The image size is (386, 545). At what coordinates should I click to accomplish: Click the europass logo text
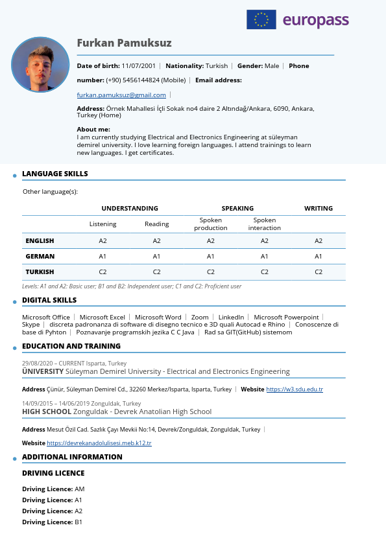click(315, 21)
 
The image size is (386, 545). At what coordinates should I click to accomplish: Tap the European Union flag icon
click(261, 19)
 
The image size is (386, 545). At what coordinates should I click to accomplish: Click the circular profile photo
click(40, 65)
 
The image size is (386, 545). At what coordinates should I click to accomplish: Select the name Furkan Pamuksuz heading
click(124, 43)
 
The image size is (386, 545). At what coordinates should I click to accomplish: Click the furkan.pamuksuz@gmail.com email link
click(121, 95)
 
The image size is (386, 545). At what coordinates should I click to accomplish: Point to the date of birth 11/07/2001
click(139, 66)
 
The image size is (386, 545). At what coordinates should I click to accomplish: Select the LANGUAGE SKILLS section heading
click(54, 174)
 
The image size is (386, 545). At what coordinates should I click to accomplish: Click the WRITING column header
click(318, 209)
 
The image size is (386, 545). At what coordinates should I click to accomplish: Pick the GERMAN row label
click(40, 256)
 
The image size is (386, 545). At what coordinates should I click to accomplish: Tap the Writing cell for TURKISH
click(318, 272)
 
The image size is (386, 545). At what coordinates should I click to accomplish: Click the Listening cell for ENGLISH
click(103, 240)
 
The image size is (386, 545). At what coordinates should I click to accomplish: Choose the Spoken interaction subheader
click(264, 224)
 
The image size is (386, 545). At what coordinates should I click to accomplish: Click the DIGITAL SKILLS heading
click(49, 300)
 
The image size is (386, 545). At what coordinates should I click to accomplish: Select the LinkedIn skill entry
click(231, 318)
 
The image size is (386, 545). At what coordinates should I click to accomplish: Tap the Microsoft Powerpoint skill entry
click(286, 318)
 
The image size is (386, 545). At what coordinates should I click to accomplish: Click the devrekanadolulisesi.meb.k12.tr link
click(99, 443)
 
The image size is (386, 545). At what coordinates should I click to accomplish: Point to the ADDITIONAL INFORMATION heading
click(72, 457)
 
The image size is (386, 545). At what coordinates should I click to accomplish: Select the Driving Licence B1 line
click(52, 522)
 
